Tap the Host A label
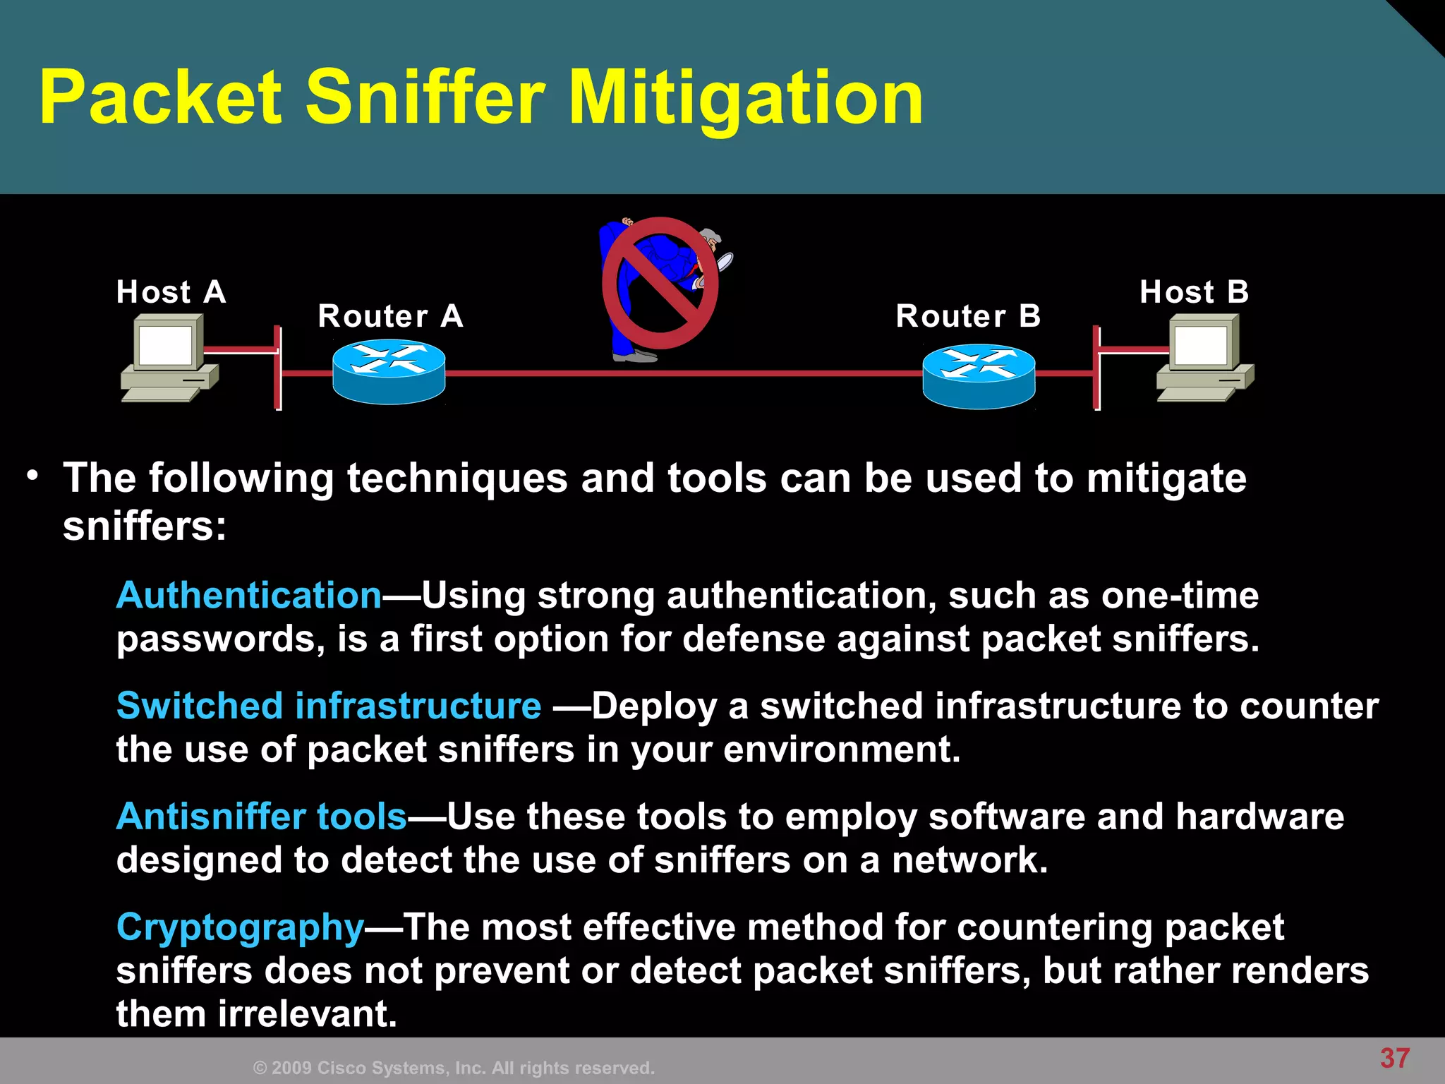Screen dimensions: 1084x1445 (171, 291)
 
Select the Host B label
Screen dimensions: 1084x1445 (1194, 291)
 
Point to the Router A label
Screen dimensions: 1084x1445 (390, 315)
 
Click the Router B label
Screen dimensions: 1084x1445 (968, 315)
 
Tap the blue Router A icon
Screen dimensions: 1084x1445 (389, 372)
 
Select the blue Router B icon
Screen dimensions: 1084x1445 (979, 375)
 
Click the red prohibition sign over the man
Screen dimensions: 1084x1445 (660, 283)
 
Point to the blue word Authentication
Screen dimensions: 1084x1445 (249, 595)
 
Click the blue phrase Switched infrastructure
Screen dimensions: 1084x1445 (329, 706)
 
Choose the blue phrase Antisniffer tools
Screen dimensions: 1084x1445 (262, 817)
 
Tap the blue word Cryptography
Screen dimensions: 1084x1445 (240, 927)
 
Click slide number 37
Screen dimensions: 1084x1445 (1395, 1058)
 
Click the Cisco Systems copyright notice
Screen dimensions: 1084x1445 (454, 1068)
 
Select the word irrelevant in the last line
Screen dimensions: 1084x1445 (308, 1014)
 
